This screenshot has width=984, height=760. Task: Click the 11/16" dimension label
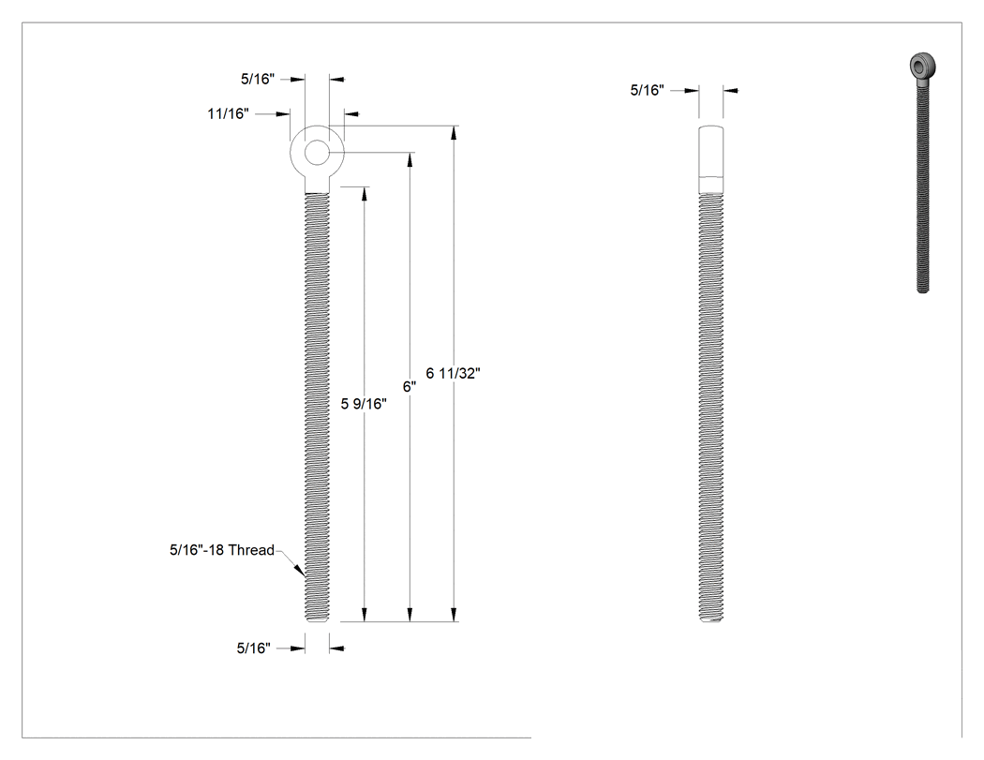tap(229, 114)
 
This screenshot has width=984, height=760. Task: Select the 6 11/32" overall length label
tap(453, 373)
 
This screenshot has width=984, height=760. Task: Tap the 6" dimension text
tap(410, 387)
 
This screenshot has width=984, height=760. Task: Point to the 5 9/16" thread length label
tap(364, 404)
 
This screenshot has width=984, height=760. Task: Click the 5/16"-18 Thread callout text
tap(222, 550)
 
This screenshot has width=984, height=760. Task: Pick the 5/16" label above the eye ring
tap(258, 79)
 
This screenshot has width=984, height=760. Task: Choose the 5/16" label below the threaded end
tap(254, 648)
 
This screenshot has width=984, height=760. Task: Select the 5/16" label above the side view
tap(647, 90)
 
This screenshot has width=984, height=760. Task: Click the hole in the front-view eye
tap(317, 153)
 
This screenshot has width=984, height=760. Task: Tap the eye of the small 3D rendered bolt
tap(923, 66)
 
